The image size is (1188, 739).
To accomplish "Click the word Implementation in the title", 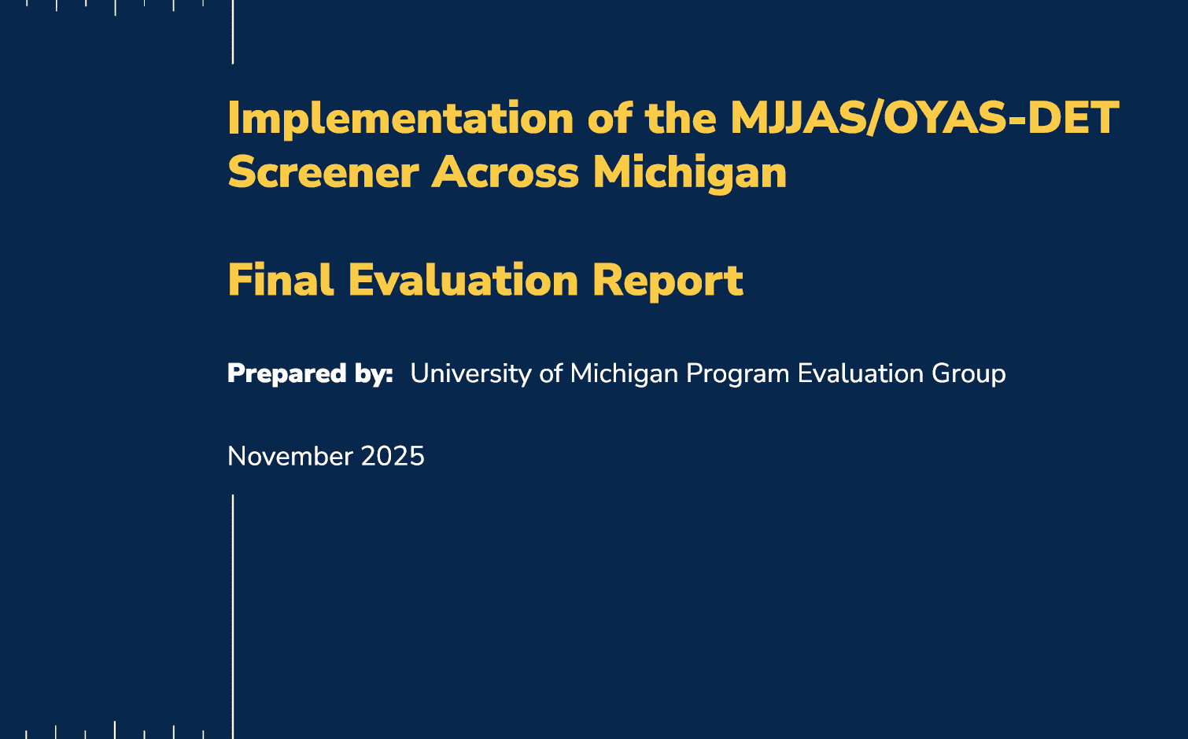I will click(400, 119).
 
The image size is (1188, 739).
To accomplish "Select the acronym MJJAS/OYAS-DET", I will click(924, 119).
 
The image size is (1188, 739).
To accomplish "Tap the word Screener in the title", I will click(323, 172).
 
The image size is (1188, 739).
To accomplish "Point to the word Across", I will click(505, 172).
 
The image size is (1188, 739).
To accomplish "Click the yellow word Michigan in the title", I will click(690, 174).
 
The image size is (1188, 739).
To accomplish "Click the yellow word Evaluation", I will click(463, 281).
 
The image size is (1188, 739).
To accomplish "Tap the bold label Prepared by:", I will click(310, 373).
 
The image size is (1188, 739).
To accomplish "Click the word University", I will click(470, 373).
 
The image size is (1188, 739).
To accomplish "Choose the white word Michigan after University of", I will click(624, 373).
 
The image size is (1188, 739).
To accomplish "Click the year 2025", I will click(393, 457).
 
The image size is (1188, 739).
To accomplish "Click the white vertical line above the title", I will click(233, 31).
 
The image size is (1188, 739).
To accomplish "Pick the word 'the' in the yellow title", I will click(681, 119).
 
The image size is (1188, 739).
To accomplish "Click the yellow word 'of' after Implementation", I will click(610, 119).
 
